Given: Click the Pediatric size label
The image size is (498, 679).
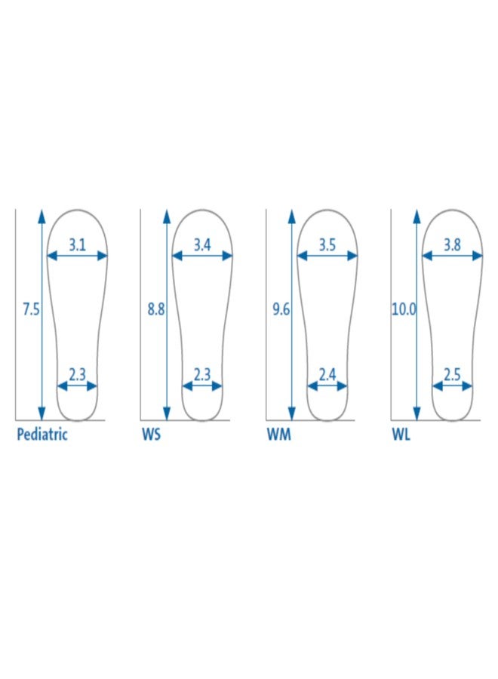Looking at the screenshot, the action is click(x=42, y=435).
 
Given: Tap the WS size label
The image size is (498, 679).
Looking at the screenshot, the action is click(x=151, y=435).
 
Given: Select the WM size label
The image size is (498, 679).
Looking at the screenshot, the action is click(x=278, y=435).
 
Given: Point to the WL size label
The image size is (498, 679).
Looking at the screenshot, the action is click(x=401, y=435).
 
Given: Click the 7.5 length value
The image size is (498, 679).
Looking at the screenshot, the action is click(x=31, y=309).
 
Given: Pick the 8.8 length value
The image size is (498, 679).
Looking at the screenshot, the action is click(x=156, y=309).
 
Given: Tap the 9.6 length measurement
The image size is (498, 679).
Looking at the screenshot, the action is click(x=281, y=309).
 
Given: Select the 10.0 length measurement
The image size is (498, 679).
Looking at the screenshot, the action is click(x=404, y=309).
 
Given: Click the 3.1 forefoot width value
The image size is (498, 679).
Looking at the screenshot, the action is click(x=77, y=245).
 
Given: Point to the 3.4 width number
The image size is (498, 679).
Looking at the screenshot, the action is click(x=201, y=245).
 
